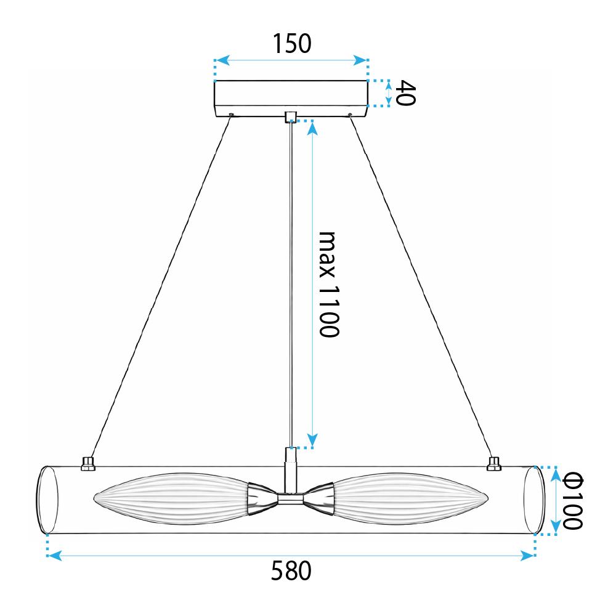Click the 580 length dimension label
pyautogui.click(x=291, y=572)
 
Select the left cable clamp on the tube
pyautogui.click(x=88, y=463)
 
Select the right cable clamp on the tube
pyautogui.click(x=493, y=463)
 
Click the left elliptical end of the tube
pyautogui.click(x=47, y=500)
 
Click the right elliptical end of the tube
pyautogui.click(x=534, y=500)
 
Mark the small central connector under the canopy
pyautogui.click(x=291, y=117)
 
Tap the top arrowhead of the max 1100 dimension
pyautogui.click(x=312, y=127)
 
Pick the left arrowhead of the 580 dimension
pyautogui.click(x=55, y=556)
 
